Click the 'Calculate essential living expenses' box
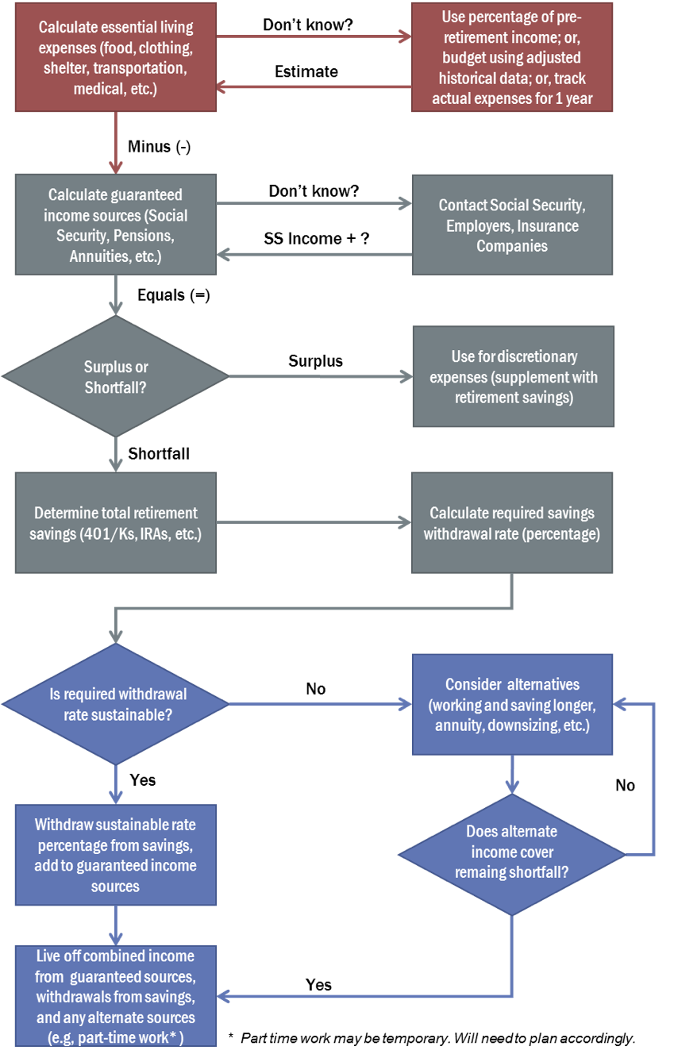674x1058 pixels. (116, 57)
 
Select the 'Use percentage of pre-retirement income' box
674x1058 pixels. (512, 57)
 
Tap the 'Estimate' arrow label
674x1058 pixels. (306, 71)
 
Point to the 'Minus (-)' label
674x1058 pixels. (159, 146)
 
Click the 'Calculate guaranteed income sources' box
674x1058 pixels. (116, 225)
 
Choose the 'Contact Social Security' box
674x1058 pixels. (513, 225)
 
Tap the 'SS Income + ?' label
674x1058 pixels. (317, 239)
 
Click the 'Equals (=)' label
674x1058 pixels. (174, 295)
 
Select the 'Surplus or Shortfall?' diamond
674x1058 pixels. (116, 376)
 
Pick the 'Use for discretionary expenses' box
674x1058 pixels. (514, 376)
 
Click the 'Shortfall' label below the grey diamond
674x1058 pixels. (159, 453)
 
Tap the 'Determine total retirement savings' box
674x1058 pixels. (116, 523)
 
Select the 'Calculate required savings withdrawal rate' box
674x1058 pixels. (512, 523)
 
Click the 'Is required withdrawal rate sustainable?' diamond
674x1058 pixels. (116, 704)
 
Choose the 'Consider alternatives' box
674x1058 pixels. (513, 704)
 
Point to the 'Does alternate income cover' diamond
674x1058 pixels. (512, 855)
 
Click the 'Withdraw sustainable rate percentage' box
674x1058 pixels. (116, 855)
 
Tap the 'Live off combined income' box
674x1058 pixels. (116, 996)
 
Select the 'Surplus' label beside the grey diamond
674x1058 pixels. (315, 361)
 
